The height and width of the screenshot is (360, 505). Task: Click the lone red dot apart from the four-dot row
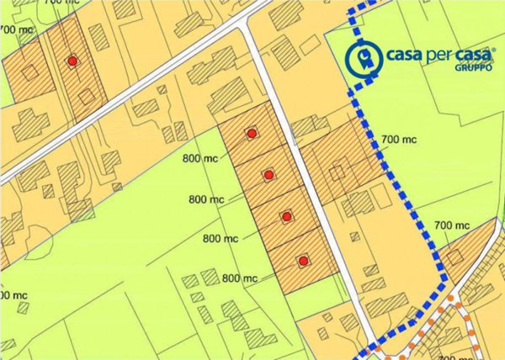(73, 61)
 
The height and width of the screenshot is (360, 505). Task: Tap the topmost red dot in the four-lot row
(251, 133)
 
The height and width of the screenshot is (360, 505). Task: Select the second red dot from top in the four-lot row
(268, 175)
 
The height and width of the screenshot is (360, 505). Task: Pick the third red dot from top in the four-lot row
(286, 217)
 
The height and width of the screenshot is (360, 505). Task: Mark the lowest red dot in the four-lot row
(303, 259)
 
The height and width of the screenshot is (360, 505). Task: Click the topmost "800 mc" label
(199, 157)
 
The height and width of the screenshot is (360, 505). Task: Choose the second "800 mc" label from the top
(207, 199)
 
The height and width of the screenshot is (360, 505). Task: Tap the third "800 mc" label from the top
(221, 239)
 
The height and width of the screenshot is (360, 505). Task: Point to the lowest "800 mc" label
(239, 278)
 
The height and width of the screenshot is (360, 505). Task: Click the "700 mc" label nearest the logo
(399, 140)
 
